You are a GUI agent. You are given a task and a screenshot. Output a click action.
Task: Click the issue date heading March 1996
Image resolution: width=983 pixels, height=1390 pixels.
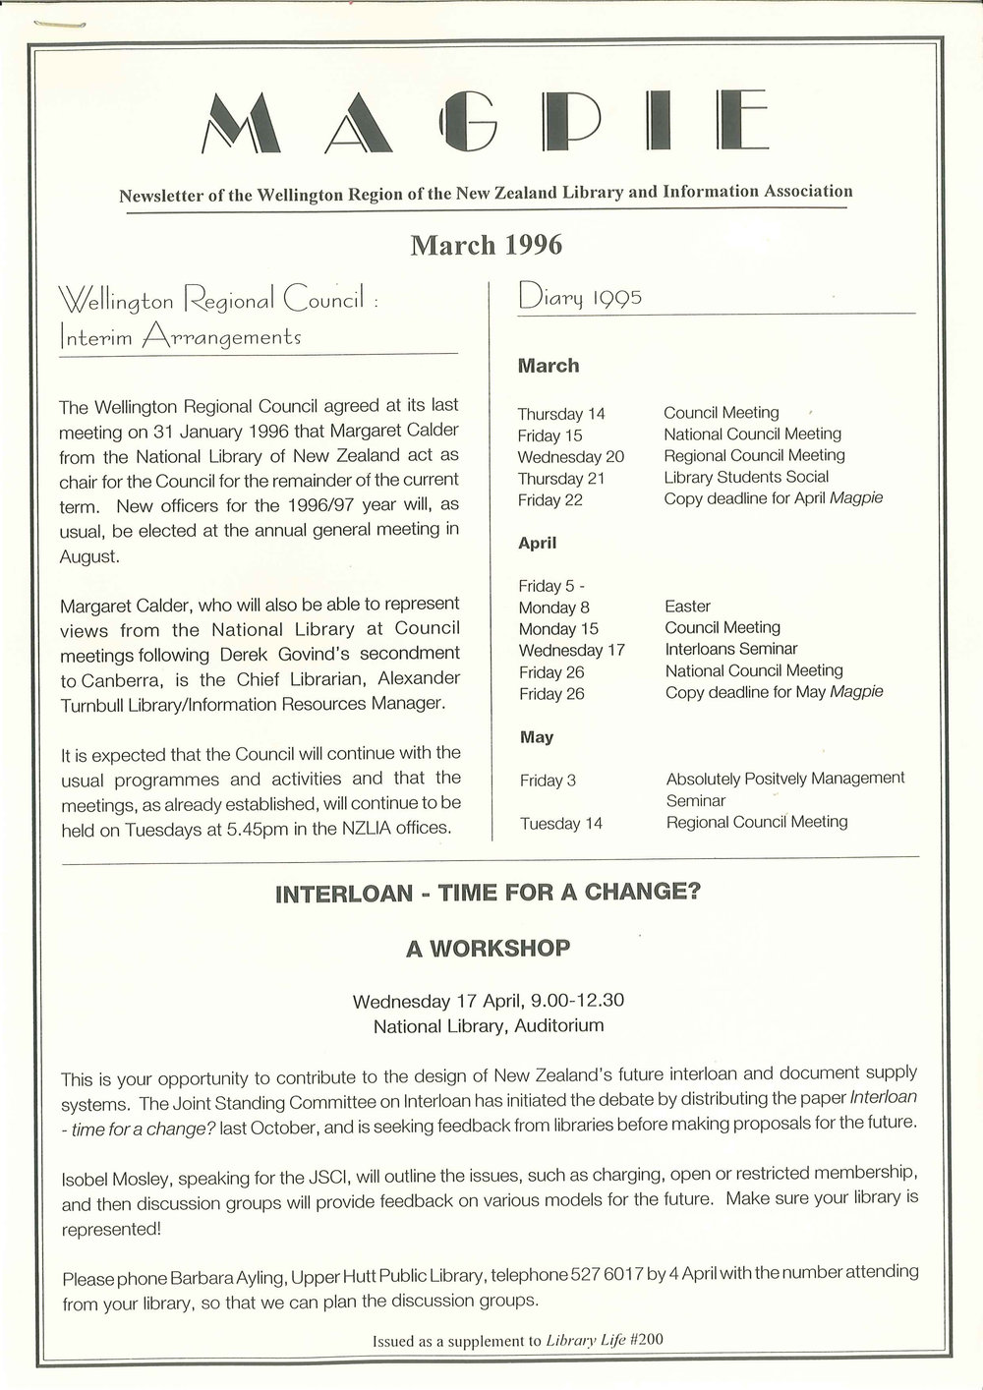click(486, 245)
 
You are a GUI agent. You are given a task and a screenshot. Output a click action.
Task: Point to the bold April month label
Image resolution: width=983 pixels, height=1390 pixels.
click(538, 543)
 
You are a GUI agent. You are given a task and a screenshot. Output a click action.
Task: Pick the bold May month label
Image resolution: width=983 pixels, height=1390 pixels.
click(536, 737)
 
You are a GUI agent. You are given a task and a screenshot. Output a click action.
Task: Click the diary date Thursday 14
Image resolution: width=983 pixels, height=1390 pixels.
click(561, 414)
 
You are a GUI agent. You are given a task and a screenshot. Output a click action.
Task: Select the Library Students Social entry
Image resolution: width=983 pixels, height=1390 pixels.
click(746, 477)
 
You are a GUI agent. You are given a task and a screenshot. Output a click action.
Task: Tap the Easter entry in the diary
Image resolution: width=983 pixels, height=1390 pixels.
click(687, 607)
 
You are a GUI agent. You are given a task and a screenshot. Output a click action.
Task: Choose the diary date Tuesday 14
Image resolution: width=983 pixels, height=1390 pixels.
click(560, 824)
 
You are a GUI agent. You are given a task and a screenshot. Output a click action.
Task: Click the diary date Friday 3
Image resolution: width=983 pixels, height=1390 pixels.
click(548, 782)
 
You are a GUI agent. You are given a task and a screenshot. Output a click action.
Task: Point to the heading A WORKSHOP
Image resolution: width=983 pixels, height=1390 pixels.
click(488, 949)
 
